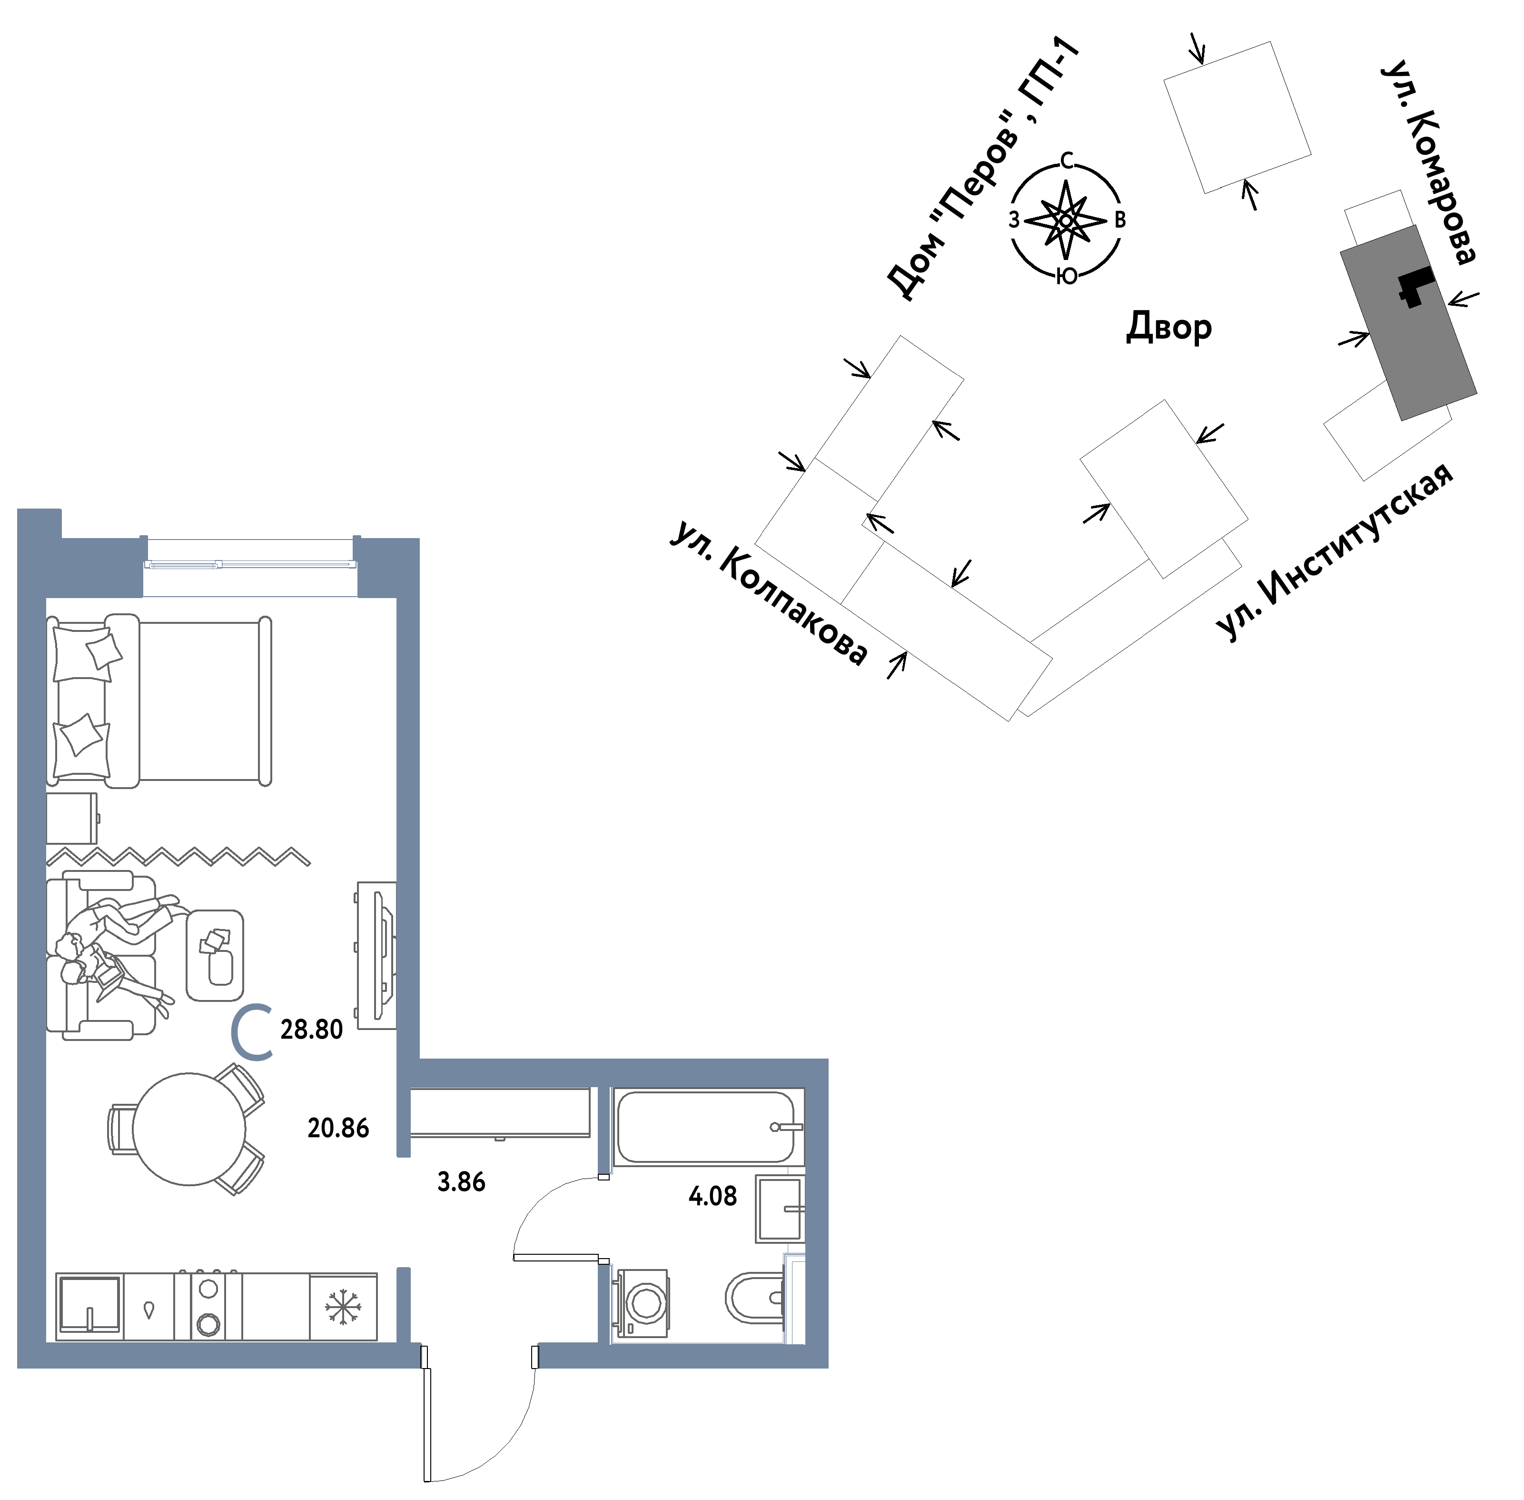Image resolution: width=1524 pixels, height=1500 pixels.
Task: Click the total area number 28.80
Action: click(311, 1030)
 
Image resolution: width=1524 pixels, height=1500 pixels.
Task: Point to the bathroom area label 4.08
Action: click(713, 1196)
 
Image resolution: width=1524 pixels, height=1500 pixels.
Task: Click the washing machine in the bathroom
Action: click(643, 1303)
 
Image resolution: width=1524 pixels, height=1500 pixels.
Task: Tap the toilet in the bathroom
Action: click(754, 1298)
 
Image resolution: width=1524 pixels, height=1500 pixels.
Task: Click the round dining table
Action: click(189, 1129)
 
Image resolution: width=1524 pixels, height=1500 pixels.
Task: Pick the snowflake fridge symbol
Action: click(343, 1307)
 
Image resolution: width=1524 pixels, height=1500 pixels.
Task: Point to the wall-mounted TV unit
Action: click(376, 955)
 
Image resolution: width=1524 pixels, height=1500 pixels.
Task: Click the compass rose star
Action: click(1066, 220)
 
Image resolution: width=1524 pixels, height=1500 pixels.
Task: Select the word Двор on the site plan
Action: click(1169, 326)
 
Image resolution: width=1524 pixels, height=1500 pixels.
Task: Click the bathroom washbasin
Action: click(780, 1209)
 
